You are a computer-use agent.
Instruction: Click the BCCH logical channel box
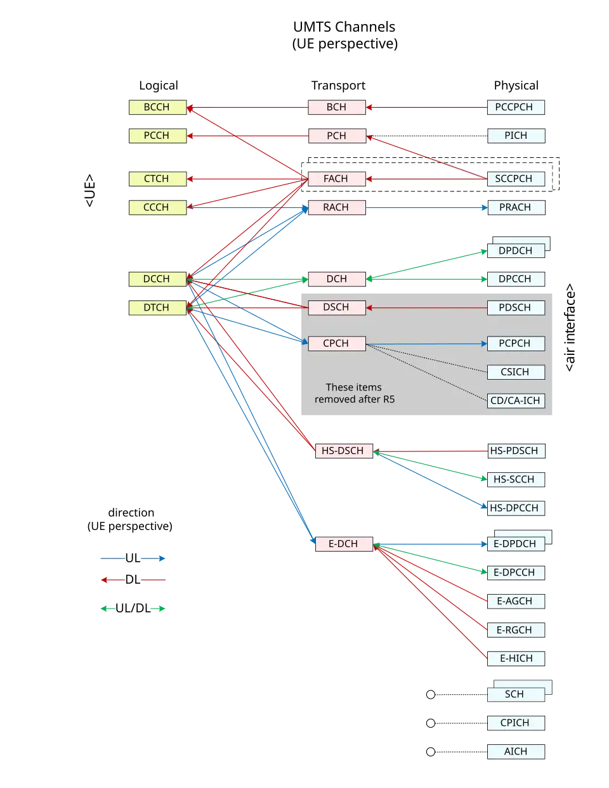coord(158,107)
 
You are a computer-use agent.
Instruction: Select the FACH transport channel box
coord(337,179)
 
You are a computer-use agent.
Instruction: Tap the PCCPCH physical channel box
coord(516,107)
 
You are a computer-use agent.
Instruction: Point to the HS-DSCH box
coord(344,451)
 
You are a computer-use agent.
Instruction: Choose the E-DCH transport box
coord(344,544)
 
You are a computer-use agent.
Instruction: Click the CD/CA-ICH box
coord(516,401)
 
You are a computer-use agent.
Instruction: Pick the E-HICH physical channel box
coord(516,659)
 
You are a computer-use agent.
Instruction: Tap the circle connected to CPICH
coord(431,723)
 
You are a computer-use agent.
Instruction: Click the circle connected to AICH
coord(431,752)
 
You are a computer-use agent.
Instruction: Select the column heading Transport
coord(338,86)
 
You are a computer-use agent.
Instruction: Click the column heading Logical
coord(159,86)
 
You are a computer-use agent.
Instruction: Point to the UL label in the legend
coord(133,558)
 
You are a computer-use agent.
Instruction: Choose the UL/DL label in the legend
coord(133,608)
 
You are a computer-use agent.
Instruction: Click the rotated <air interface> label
coord(570,328)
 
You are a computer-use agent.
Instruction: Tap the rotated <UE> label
coord(89,191)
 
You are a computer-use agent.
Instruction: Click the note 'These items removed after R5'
coord(355,393)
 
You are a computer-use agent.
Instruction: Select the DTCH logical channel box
coord(158,308)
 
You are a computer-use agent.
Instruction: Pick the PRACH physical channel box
coord(516,207)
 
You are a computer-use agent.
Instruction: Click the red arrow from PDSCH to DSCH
coord(426,308)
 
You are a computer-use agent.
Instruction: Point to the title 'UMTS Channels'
coord(344,27)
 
